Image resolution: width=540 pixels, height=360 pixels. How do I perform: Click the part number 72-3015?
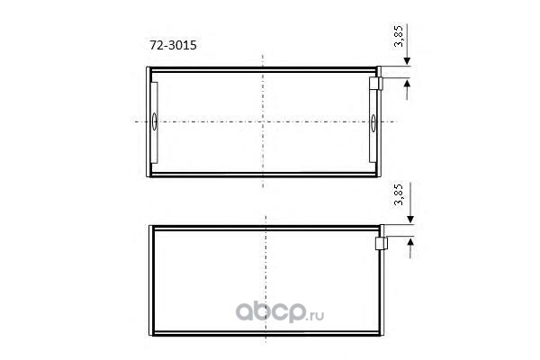[173, 45]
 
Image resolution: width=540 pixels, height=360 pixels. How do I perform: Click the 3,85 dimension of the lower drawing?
[399, 195]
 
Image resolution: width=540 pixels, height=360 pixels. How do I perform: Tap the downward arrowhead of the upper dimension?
[407, 61]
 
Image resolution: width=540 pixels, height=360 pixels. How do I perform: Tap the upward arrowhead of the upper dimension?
[407, 83]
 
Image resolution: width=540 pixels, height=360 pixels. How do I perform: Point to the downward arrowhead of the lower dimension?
[410, 219]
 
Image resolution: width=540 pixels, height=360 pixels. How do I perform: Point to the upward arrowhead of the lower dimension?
[410, 241]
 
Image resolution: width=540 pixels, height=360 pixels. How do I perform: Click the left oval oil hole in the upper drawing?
[154, 121]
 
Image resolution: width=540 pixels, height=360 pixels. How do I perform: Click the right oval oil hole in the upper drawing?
[373, 123]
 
